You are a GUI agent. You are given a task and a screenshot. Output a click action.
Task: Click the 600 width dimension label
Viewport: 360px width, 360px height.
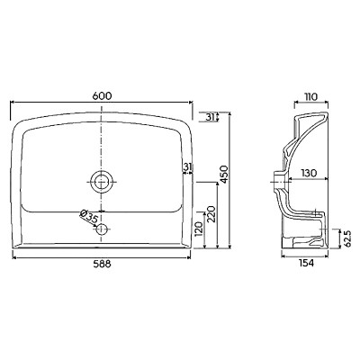click(x=102, y=96)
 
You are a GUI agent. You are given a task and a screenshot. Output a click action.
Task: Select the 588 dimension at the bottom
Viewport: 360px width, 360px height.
click(x=102, y=264)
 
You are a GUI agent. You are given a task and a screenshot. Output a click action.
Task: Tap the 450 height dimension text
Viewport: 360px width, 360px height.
click(x=225, y=174)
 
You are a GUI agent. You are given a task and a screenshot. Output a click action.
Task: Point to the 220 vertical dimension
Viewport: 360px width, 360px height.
click(x=211, y=214)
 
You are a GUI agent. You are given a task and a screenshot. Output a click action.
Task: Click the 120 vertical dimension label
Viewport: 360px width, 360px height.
click(x=199, y=229)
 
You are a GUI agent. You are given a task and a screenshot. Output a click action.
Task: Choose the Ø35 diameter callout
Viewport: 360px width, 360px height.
click(x=89, y=216)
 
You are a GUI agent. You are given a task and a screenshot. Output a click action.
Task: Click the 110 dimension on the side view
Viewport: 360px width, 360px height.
click(x=310, y=97)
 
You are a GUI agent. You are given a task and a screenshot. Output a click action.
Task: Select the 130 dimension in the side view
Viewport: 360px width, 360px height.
click(x=309, y=174)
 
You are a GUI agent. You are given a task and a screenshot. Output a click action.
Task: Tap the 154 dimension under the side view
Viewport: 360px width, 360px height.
click(x=305, y=263)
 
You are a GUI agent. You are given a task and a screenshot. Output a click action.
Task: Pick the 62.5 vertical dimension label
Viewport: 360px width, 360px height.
click(x=347, y=238)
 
